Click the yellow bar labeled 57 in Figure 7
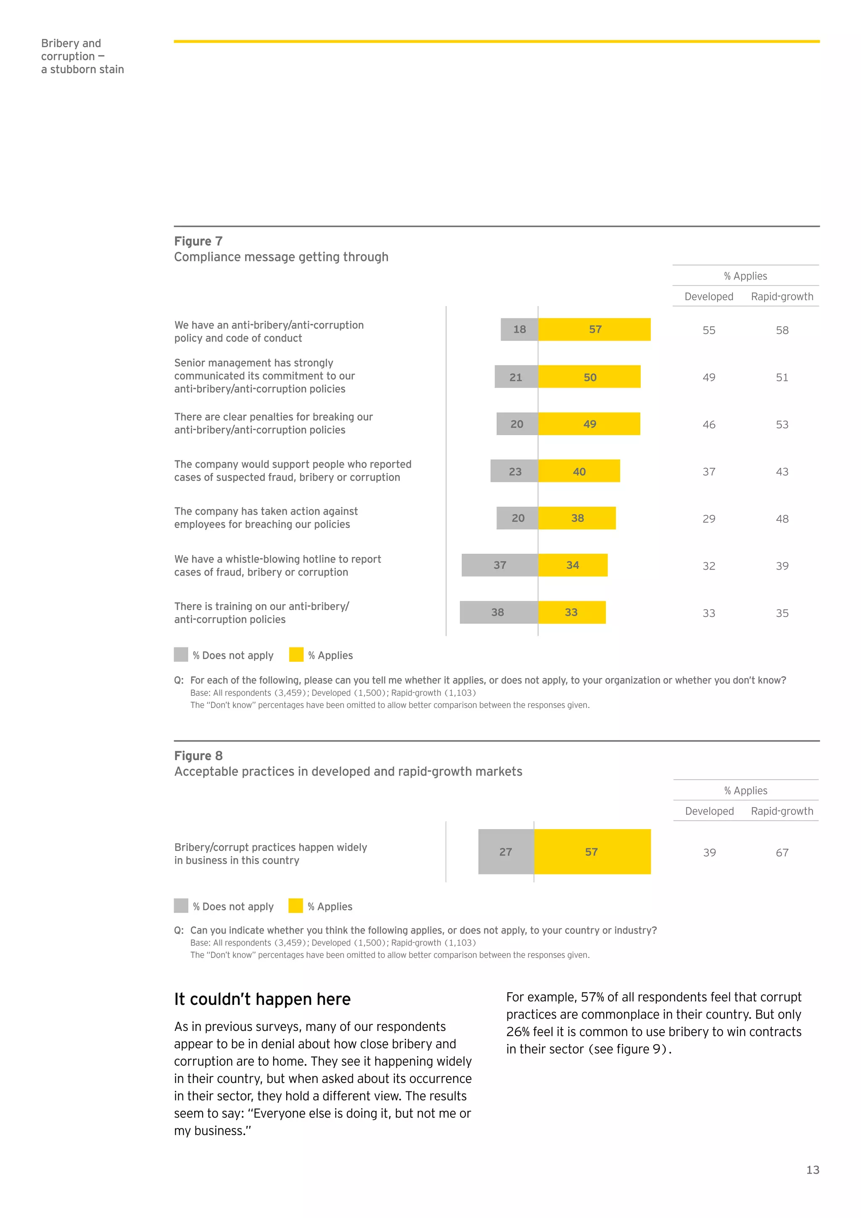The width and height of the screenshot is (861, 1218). [x=594, y=330]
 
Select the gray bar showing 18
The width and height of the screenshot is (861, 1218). [x=519, y=330]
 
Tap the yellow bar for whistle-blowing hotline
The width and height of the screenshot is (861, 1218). [x=573, y=565]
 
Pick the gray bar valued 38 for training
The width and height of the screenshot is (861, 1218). [x=498, y=612]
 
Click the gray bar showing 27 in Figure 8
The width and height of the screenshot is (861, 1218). [x=506, y=851]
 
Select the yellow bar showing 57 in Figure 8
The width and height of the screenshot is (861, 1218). [x=592, y=851]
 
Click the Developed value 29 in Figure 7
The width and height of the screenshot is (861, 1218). [x=709, y=519]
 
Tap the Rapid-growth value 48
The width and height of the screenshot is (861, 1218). [x=782, y=519]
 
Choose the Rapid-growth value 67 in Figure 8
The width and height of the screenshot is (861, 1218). [x=782, y=853]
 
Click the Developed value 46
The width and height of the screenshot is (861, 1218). [x=709, y=424]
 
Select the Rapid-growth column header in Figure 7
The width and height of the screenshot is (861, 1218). [x=782, y=296]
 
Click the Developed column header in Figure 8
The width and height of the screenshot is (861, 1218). [x=709, y=811]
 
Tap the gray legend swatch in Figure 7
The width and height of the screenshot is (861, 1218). [x=181, y=655]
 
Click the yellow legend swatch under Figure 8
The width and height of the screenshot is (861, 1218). [x=296, y=906]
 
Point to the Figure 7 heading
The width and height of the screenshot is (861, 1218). [x=198, y=241]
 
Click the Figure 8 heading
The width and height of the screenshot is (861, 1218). [x=198, y=756]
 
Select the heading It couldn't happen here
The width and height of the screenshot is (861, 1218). [x=262, y=999]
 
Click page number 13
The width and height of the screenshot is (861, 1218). [x=812, y=1170]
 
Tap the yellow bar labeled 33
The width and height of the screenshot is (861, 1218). [x=571, y=612]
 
